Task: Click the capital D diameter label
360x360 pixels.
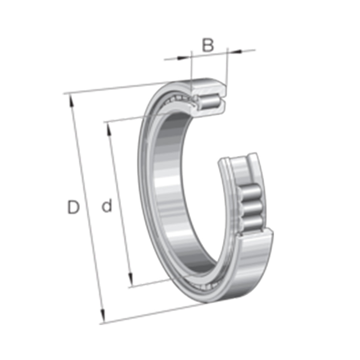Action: [x=73, y=207]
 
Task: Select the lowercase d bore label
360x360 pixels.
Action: [x=107, y=206]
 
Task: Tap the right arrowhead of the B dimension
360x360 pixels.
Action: [x=236, y=51]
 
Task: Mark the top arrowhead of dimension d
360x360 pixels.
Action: [x=108, y=129]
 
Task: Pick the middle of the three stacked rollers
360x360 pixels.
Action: [x=252, y=208]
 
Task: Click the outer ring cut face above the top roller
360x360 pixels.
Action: [x=208, y=87]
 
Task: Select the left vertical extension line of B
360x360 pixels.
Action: [x=191, y=70]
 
